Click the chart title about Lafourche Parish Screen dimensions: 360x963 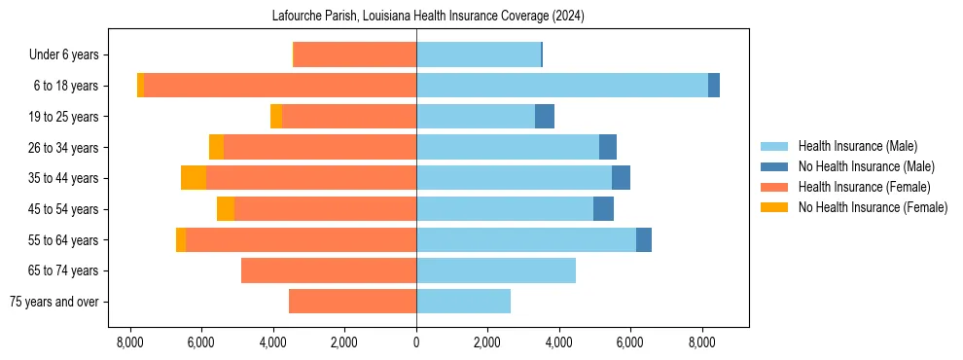(416, 16)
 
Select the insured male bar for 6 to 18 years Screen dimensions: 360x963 (562, 86)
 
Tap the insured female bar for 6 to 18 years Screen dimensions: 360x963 (280, 86)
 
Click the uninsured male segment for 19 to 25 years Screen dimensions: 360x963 (545, 117)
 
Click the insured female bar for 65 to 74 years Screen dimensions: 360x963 (329, 270)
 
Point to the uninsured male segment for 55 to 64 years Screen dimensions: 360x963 (644, 240)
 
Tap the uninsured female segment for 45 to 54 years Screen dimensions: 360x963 (226, 209)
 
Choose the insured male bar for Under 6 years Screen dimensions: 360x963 (479, 54)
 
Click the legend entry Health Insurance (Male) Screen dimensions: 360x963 (857, 146)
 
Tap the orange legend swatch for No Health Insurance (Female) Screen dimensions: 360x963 (775, 207)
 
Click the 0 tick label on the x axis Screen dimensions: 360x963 (416, 342)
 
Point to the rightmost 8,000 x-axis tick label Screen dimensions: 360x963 (702, 342)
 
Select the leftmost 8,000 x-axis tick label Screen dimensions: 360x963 (130, 342)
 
